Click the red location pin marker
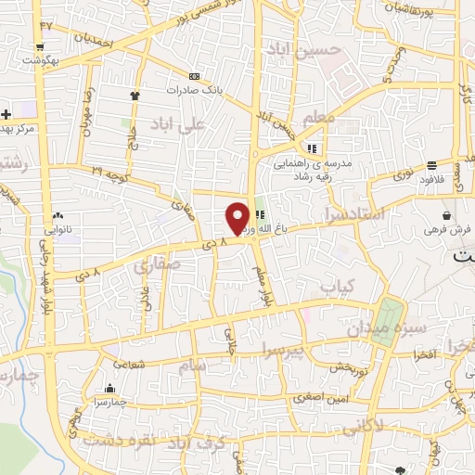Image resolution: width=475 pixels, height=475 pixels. (x=238, y=217)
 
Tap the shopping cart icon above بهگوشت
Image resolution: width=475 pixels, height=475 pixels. (x=40, y=46)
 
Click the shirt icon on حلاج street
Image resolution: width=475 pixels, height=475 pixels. (x=135, y=94)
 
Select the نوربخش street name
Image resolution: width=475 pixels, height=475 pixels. (x=350, y=365)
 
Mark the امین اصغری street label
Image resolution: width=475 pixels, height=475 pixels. (x=312, y=398)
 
